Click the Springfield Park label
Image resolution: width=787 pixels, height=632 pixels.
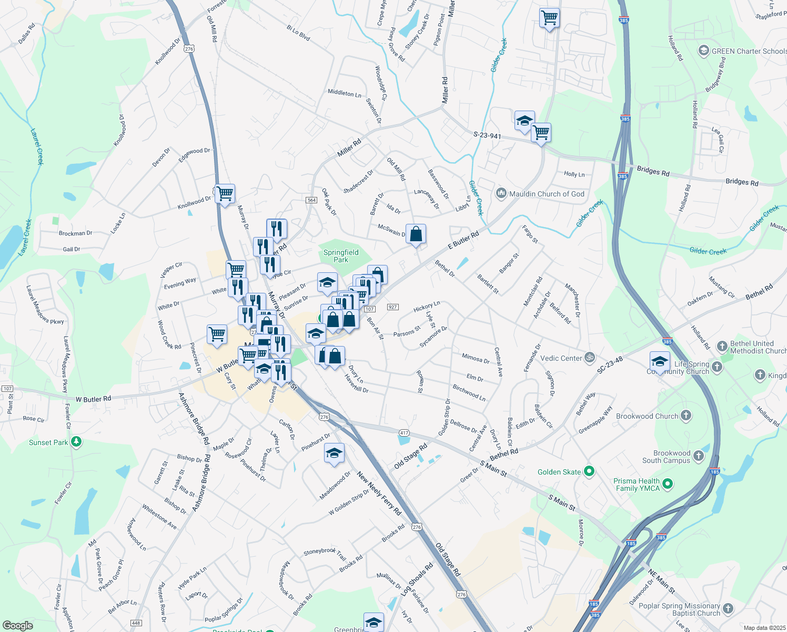[x=341, y=256]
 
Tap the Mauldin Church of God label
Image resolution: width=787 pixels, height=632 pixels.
[x=547, y=194]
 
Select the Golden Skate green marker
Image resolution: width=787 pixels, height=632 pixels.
[x=589, y=471]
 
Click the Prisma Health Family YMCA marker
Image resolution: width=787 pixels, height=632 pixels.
[x=668, y=483]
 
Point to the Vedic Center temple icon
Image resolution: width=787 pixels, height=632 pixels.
[x=590, y=357]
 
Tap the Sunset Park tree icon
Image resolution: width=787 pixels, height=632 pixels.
[x=76, y=441]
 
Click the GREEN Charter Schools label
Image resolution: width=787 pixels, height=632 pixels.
[x=749, y=51]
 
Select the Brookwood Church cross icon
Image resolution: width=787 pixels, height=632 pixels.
[x=685, y=416]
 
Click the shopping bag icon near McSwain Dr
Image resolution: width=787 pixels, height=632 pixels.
[x=416, y=234]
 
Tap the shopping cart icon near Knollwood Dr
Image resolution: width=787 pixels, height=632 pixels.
[x=225, y=193]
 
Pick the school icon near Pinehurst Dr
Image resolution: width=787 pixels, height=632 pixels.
[x=334, y=453]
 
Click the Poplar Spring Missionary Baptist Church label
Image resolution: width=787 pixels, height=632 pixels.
[x=679, y=609]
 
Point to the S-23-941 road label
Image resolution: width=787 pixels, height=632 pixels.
[x=487, y=135]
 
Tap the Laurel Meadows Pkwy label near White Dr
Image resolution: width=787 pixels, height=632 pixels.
[x=45, y=304]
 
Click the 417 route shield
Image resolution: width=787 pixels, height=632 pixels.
[x=404, y=432]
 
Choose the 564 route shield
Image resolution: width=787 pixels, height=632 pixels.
[x=311, y=200]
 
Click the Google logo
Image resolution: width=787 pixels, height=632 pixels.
[x=18, y=625]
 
